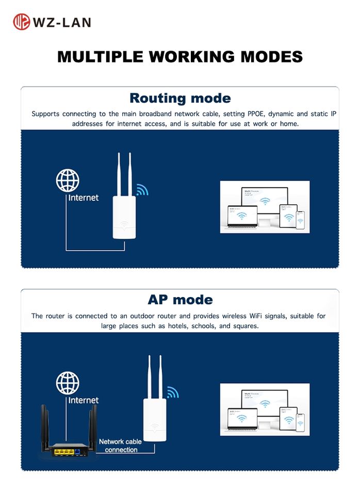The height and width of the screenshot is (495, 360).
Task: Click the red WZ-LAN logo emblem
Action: pyautogui.click(x=21, y=22)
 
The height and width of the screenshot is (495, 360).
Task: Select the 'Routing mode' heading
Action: pyautogui.click(x=180, y=98)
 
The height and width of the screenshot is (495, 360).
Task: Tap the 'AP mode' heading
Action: pyautogui.click(x=180, y=300)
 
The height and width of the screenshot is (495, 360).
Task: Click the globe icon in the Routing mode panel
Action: pyautogui.click(x=68, y=181)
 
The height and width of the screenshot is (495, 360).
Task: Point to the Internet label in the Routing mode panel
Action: pyautogui.click(x=84, y=197)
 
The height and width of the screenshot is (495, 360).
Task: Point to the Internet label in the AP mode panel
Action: pyautogui.click(x=84, y=400)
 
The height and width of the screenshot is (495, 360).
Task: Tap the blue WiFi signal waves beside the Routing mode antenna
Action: pyautogui.click(x=142, y=190)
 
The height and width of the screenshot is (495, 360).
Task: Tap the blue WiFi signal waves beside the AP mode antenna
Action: pyautogui.click(x=172, y=392)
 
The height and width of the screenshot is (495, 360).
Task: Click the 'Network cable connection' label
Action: pyautogui.click(x=121, y=445)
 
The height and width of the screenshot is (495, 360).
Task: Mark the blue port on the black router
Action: pyautogui.click(x=77, y=452)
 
